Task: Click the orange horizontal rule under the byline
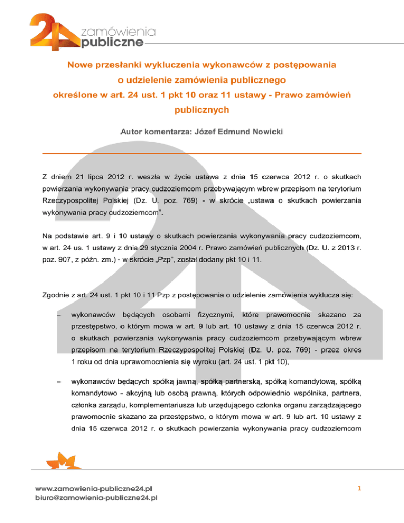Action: [x=201, y=153]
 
